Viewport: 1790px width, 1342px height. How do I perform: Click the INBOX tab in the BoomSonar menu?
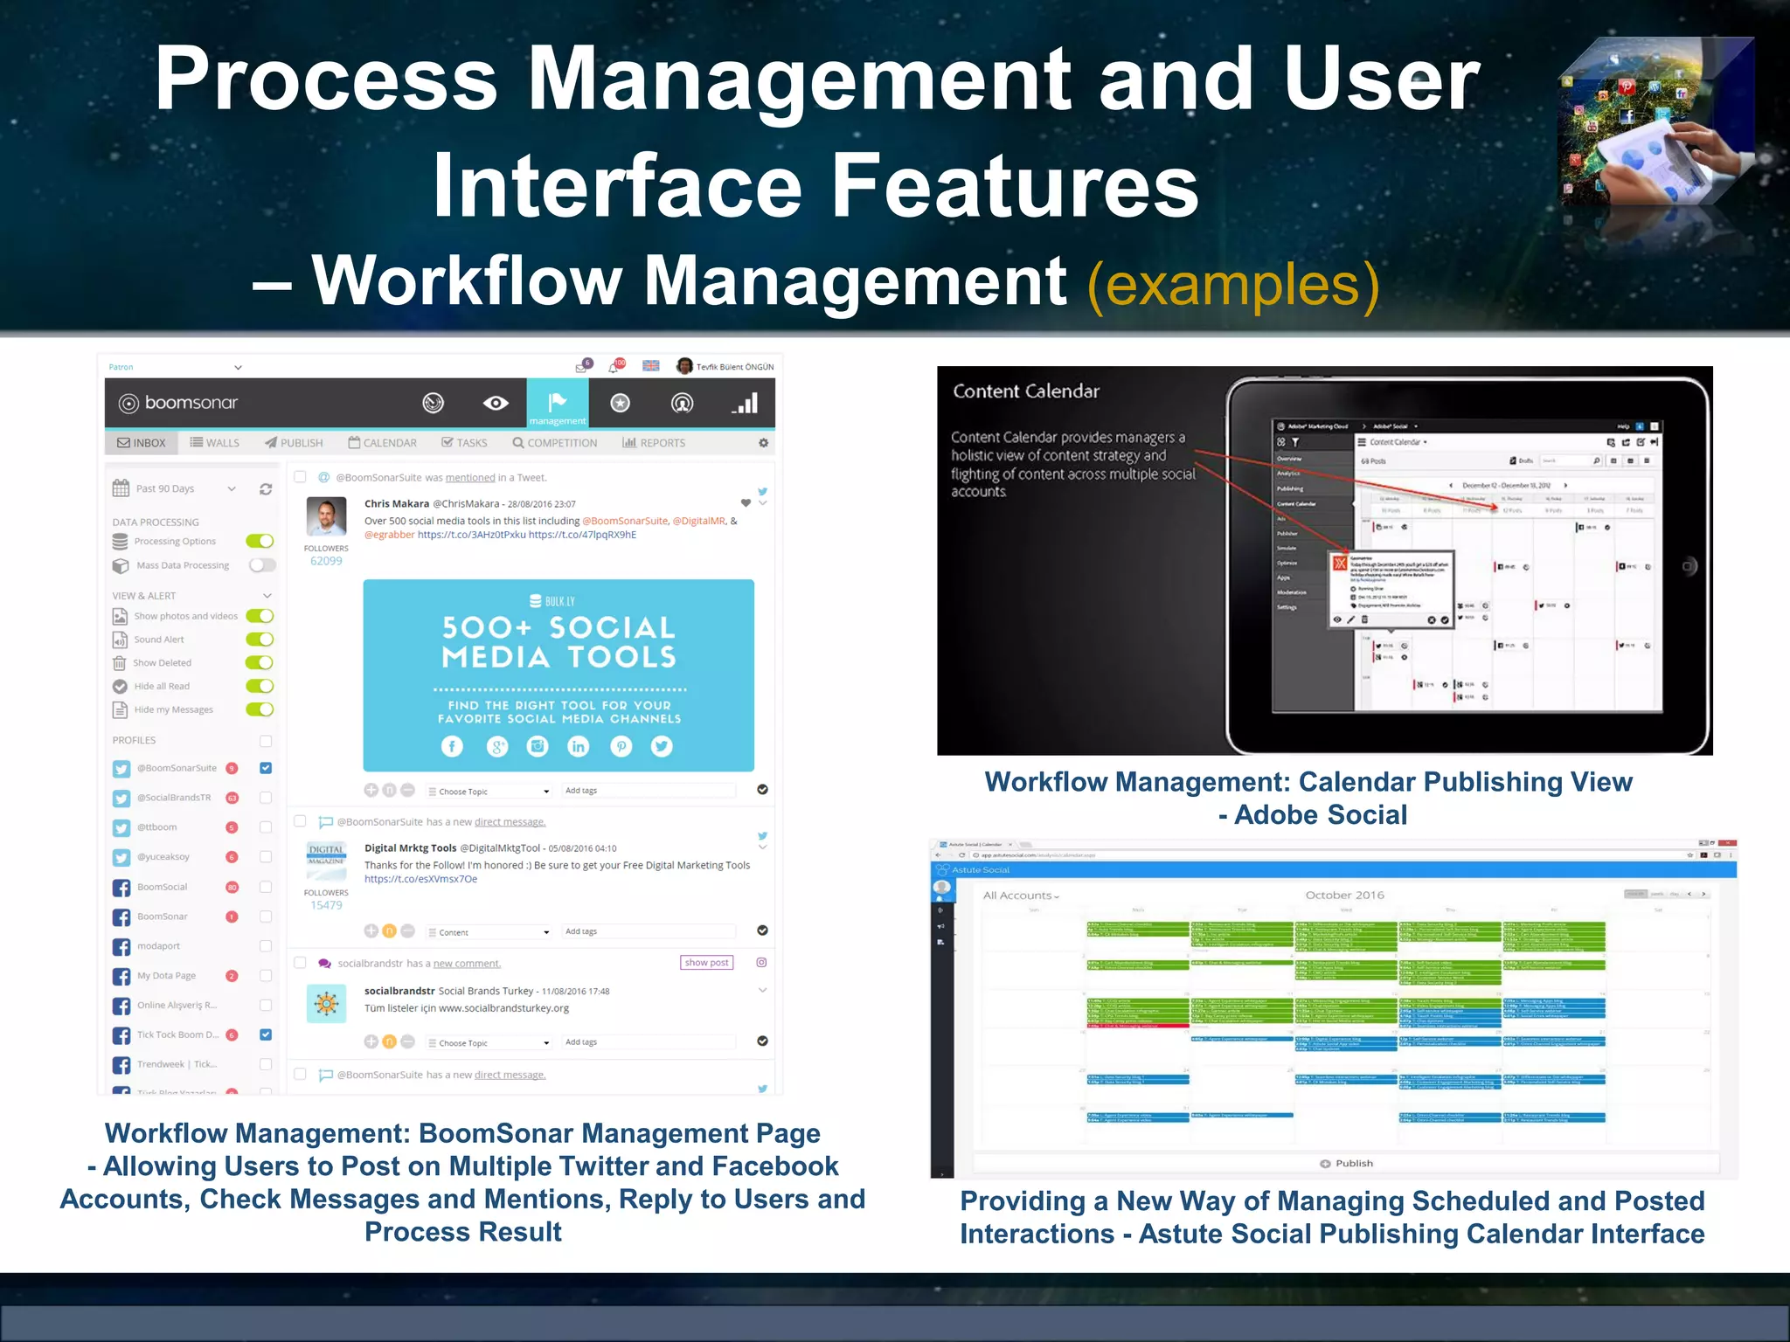pos(142,443)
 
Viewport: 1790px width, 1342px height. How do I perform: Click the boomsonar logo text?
pos(191,403)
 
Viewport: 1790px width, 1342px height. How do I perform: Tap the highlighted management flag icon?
pos(557,403)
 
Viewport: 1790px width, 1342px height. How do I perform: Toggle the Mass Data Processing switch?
pos(261,565)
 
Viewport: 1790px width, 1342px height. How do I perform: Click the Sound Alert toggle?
pos(260,640)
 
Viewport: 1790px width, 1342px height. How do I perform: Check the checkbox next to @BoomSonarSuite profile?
pos(266,768)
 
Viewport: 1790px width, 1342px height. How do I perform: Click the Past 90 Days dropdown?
pos(175,489)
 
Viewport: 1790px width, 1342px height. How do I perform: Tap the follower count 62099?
pos(326,561)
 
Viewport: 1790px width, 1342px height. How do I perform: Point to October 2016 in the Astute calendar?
pos(1344,895)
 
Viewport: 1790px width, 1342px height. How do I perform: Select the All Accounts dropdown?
pos(1020,896)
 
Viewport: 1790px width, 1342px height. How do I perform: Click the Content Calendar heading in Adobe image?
pos(1025,391)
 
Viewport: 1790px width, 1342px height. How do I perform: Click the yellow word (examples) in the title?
pos(1233,284)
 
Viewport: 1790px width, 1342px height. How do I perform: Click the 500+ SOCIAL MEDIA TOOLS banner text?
pos(559,642)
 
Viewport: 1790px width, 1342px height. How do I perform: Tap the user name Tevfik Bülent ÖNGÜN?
pos(734,367)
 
